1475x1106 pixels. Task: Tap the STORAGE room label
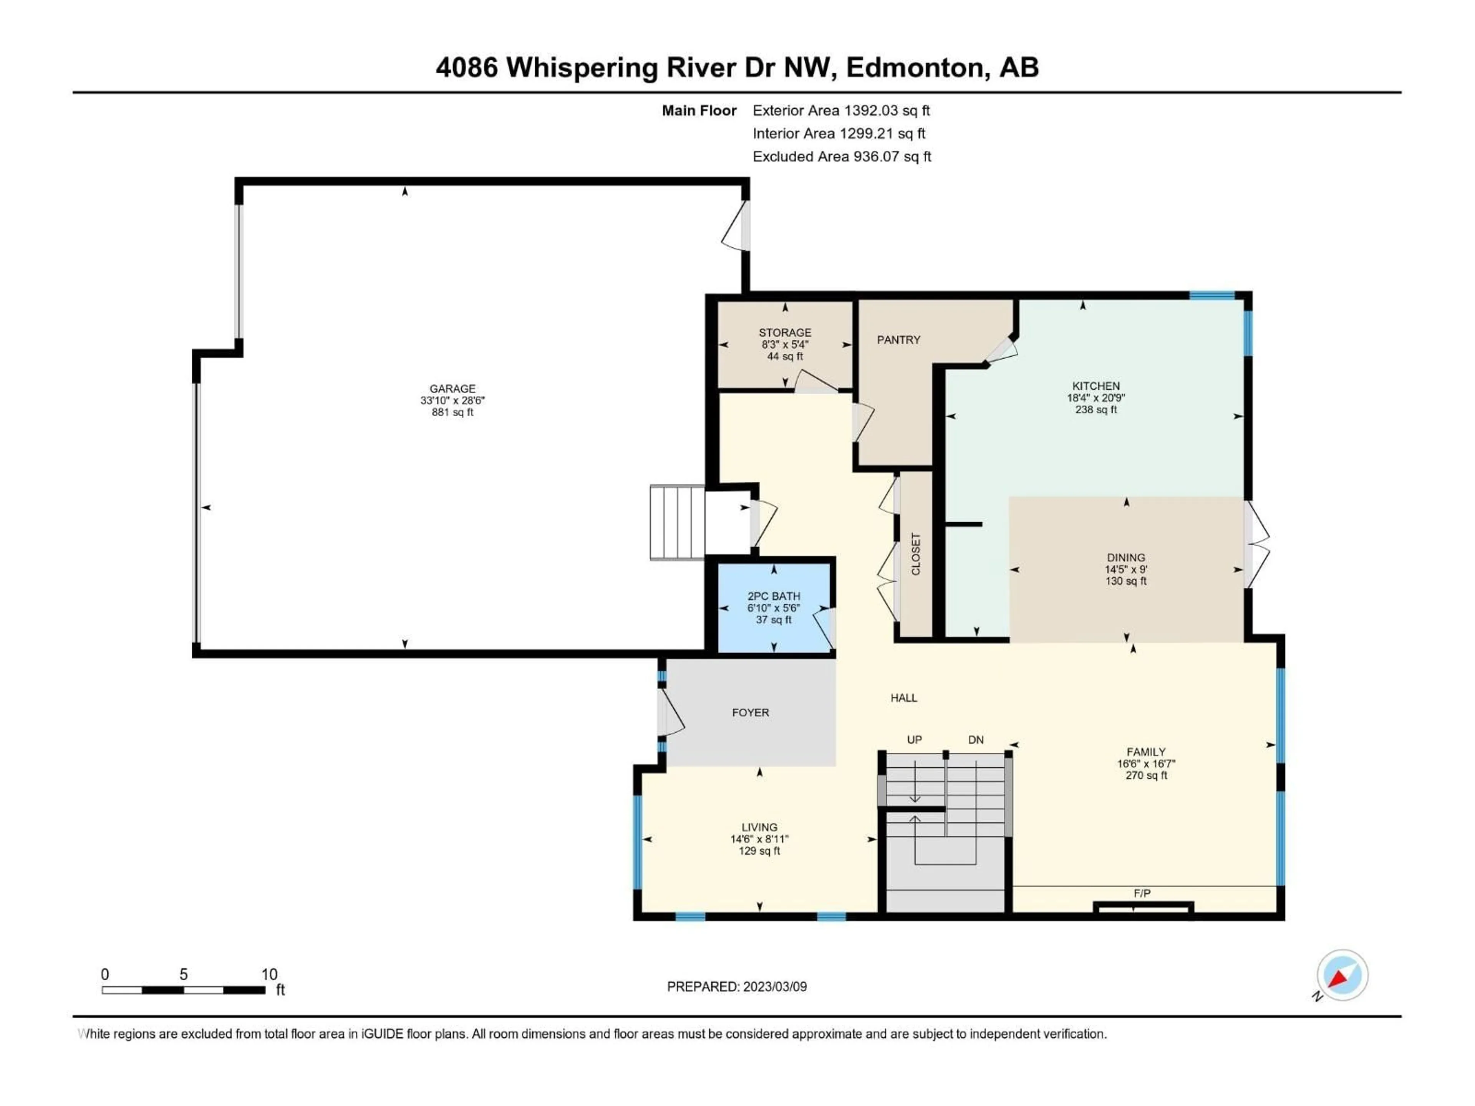(785, 332)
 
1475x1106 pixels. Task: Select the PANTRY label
(898, 340)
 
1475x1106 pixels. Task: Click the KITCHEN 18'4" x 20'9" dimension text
(1095, 398)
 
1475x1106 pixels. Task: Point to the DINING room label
(1125, 557)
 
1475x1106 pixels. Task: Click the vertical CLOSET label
(916, 554)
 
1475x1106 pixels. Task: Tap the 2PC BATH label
(774, 596)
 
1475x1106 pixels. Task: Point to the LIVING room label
(759, 827)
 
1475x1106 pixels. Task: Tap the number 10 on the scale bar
(269, 974)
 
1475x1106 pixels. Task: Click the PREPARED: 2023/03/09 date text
(737, 987)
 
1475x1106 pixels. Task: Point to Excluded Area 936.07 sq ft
(842, 157)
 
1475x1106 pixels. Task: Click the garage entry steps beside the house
(677, 522)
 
